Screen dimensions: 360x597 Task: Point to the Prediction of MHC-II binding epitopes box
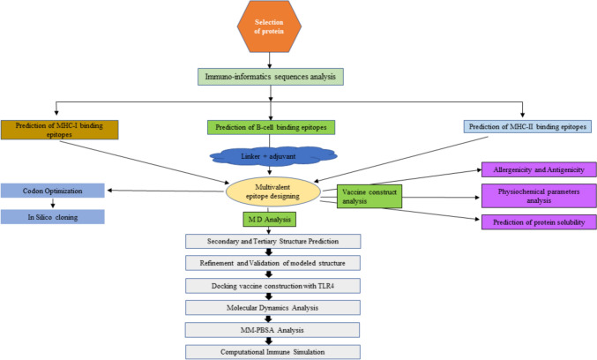point(527,126)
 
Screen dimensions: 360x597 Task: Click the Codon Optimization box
point(52,190)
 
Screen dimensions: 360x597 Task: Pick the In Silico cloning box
point(52,217)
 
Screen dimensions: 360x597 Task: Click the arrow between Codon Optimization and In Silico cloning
point(51,204)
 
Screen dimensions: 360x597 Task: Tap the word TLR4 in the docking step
point(333,287)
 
